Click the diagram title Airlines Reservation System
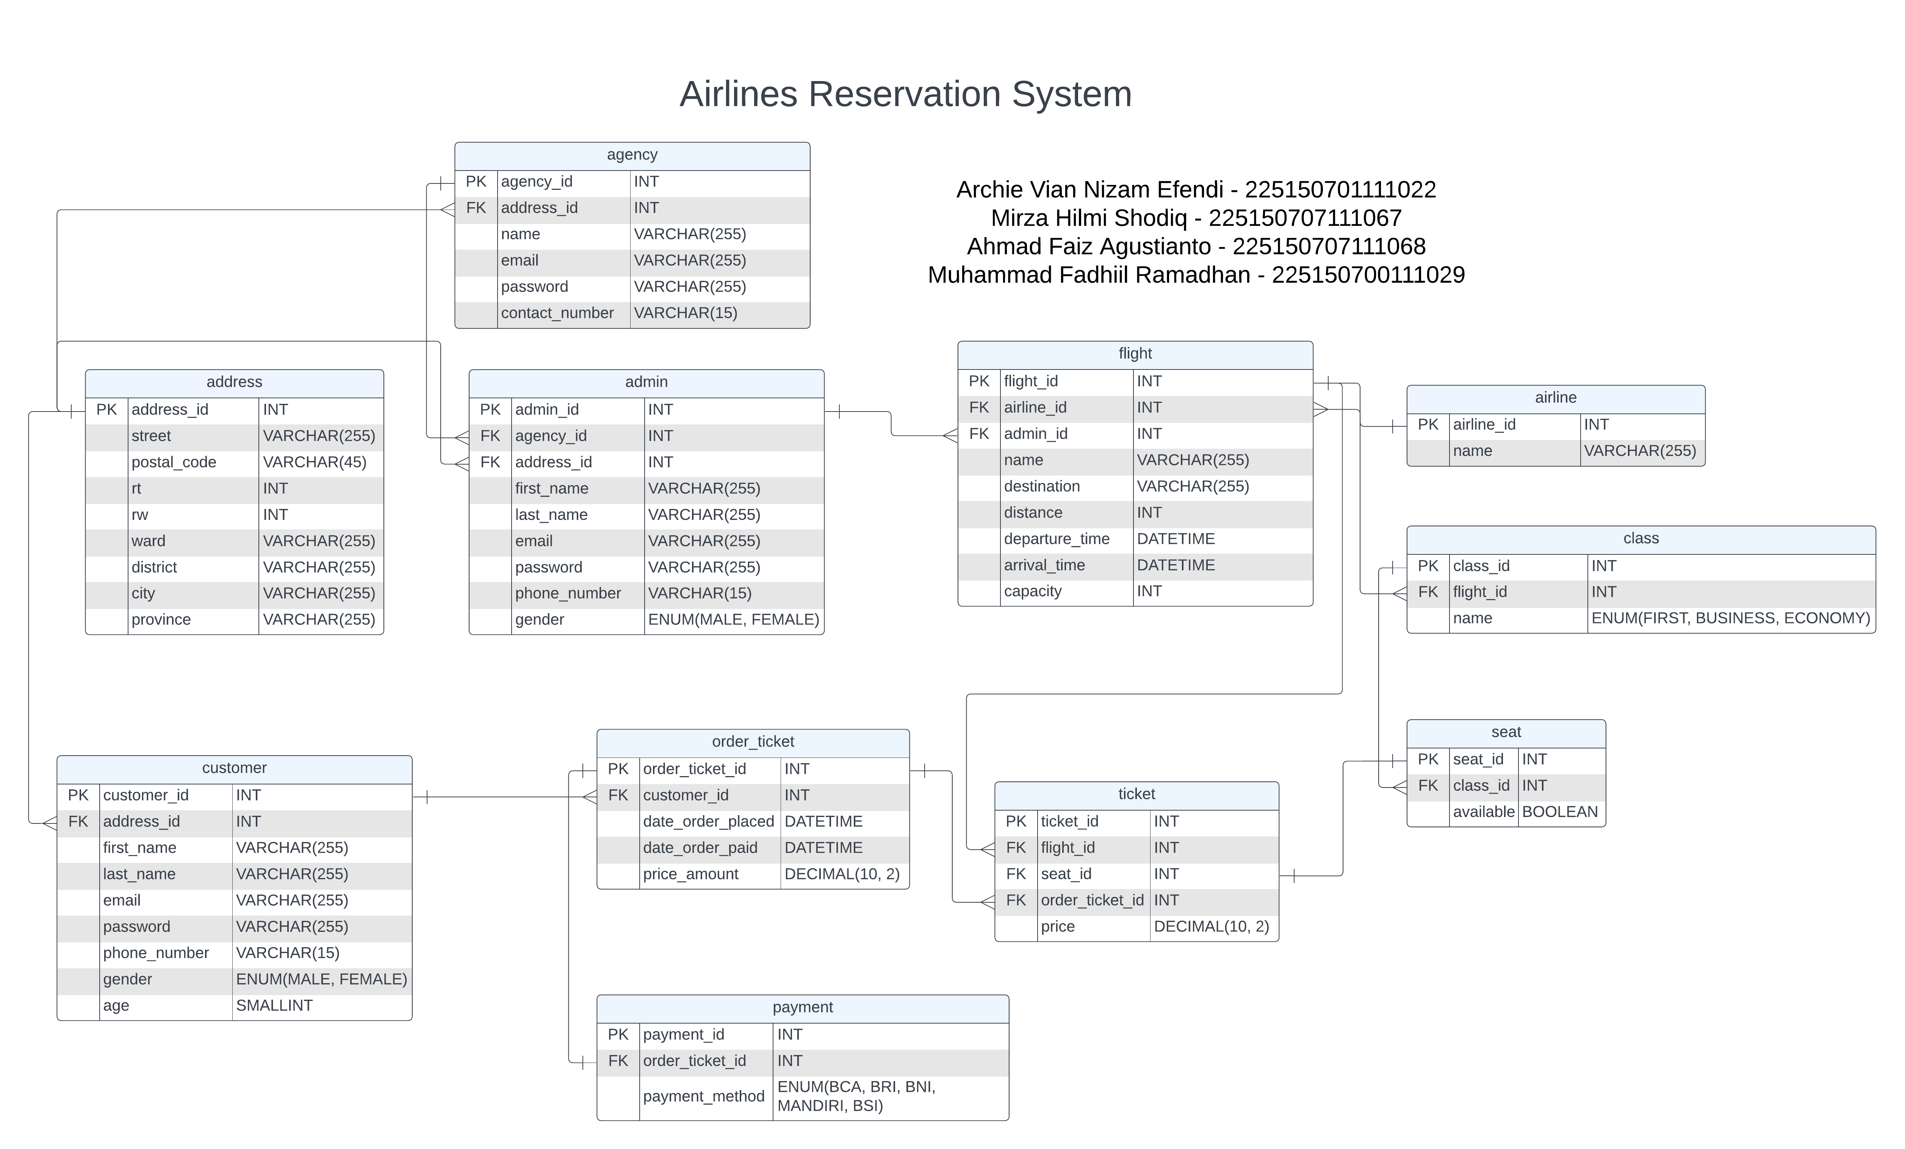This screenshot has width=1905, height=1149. [x=905, y=94]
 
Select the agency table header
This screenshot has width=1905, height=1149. [x=632, y=155]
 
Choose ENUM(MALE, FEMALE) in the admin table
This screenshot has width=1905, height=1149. [x=733, y=619]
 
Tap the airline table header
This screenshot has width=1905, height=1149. [x=1556, y=398]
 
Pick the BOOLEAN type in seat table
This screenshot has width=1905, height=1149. [x=1559, y=812]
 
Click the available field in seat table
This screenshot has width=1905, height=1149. [x=1483, y=812]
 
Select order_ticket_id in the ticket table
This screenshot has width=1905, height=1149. [x=1092, y=900]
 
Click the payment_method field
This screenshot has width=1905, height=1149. [x=704, y=1096]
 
